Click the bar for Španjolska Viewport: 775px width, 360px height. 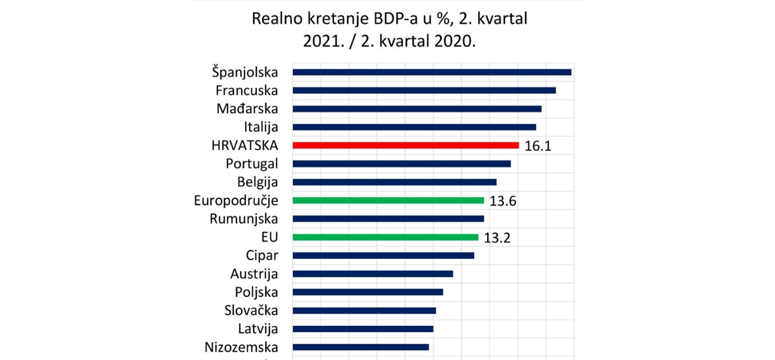point(432,72)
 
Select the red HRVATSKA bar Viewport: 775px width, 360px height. point(406,145)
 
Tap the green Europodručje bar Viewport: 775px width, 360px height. point(388,200)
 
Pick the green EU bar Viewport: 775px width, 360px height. point(385,237)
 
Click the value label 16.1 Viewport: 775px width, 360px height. point(538,146)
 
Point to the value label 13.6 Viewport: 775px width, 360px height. point(503,201)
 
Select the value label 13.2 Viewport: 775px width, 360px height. point(497,238)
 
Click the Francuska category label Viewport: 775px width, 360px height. point(247,90)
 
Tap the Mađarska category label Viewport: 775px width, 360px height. point(247,109)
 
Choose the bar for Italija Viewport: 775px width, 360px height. point(414,127)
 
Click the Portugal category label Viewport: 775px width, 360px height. point(252,164)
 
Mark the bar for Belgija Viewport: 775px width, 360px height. point(394,182)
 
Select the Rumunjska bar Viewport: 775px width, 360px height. point(388,219)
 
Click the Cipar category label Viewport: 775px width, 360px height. point(262,255)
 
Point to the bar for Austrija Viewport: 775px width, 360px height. point(373,274)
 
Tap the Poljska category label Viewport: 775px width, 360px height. point(256,292)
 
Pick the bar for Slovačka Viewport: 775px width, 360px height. point(364,310)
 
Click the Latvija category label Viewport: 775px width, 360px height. point(258,329)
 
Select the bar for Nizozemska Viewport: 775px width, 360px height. point(360,347)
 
